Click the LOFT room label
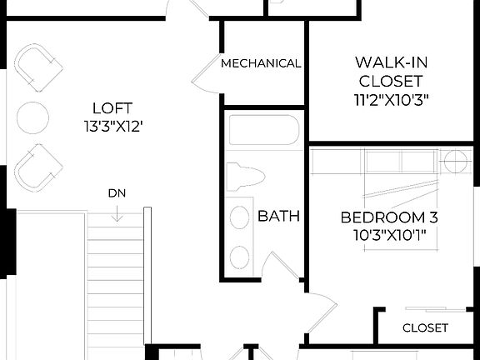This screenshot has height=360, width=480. coord(112,107)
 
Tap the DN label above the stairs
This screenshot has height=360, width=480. coord(117,194)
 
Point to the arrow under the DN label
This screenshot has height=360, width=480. coord(117,213)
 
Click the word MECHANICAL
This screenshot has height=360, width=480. coord(261,63)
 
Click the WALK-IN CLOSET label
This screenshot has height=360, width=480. coord(389,72)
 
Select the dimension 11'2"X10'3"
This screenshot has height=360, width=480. coord(389,100)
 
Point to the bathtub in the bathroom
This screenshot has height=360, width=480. coord(263,131)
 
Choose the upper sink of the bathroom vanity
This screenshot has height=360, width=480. coord(240,218)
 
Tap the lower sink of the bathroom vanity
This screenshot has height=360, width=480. coord(240,256)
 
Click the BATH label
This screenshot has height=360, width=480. coord(278,217)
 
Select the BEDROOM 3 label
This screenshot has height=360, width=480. coord(389,217)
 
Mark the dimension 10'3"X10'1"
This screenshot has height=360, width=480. coord(389,235)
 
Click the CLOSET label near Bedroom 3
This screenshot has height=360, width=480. coord(425,327)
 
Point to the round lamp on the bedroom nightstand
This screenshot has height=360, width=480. coord(457,161)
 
